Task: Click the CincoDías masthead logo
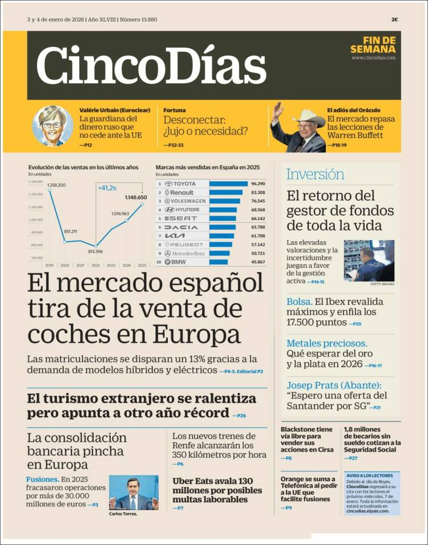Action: pyautogui.click(x=151, y=65)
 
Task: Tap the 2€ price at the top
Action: pyautogui.click(x=394, y=19)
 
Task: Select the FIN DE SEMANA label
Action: pyautogui.click(x=379, y=44)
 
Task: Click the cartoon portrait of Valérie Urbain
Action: pyautogui.click(x=53, y=126)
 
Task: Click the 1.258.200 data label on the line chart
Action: pyautogui.click(x=56, y=185)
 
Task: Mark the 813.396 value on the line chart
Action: pyautogui.click(x=95, y=251)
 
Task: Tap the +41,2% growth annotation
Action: pyautogui.click(x=107, y=188)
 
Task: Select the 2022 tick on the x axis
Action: pyautogui.click(x=95, y=265)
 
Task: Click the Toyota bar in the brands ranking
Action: pyautogui.click(x=228, y=184)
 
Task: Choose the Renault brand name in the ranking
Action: pyautogui.click(x=182, y=193)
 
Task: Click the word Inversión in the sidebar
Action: pyautogui.click(x=315, y=174)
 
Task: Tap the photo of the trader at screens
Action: pyautogui.click(x=369, y=261)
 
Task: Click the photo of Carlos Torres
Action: pyautogui.click(x=133, y=493)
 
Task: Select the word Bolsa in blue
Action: pyautogui.click(x=299, y=302)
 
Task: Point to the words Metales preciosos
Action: pyautogui.click(x=327, y=343)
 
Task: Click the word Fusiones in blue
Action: pyautogui.click(x=42, y=479)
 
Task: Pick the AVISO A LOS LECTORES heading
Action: pyautogui.click(x=369, y=475)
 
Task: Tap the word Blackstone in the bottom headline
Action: pyautogui.click(x=298, y=429)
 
